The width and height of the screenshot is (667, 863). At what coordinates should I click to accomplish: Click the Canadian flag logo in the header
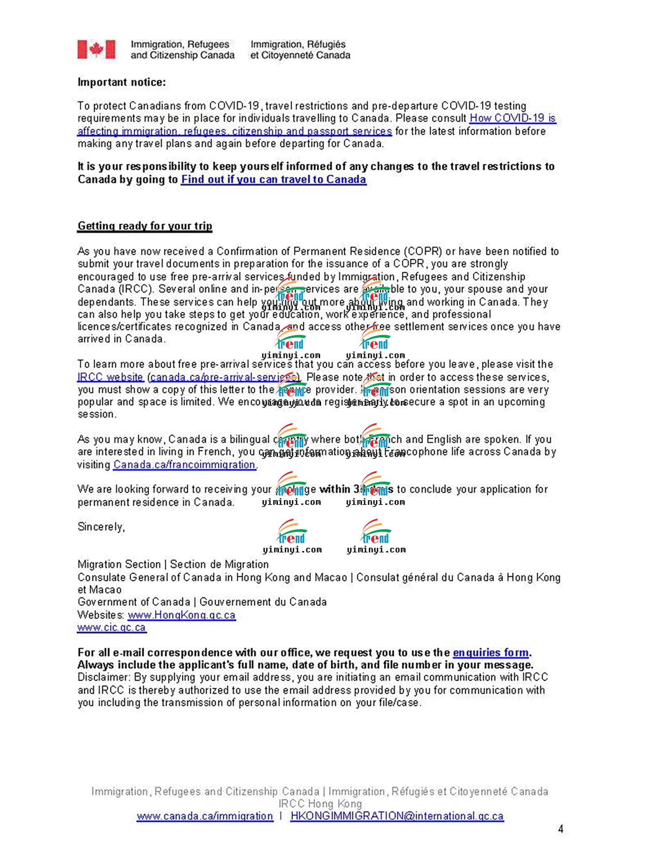[x=96, y=49]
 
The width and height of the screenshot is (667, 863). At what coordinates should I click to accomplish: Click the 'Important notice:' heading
[x=121, y=82]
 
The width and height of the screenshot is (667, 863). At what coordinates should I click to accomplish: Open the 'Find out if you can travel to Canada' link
[x=273, y=179]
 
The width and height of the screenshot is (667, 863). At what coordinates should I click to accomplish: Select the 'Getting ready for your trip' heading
[x=145, y=226]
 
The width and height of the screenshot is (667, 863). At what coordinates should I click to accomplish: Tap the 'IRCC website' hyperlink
[x=110, y=377]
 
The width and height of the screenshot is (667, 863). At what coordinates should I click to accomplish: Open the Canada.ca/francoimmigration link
[x=185, y=465]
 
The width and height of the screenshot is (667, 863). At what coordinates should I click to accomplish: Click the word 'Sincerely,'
[x=101, y=527]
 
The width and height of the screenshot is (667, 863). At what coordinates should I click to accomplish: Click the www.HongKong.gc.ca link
[x=181, y=615]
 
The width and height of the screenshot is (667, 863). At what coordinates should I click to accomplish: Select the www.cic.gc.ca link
[x=112, y=627]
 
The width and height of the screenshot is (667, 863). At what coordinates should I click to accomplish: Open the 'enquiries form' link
[x=491, y=653]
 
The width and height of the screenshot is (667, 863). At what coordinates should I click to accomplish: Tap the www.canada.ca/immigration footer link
[x=205, y=816]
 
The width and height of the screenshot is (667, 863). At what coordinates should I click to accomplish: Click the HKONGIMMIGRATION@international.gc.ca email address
[x=397, y=816]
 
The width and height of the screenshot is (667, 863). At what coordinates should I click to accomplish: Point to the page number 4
[x=561, y=829]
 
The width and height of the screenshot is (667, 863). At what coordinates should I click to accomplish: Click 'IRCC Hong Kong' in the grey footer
[x=320, y=803]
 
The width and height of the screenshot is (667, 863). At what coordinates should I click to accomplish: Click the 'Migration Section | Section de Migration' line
[x=173, y=564]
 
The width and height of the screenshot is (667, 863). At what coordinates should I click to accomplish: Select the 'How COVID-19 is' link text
[x=513, y=118]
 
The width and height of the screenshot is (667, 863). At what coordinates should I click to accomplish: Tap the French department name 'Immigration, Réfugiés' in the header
[x=298, y=44]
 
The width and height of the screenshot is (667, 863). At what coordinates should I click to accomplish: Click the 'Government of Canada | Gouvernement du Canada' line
[x=202, y=602]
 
